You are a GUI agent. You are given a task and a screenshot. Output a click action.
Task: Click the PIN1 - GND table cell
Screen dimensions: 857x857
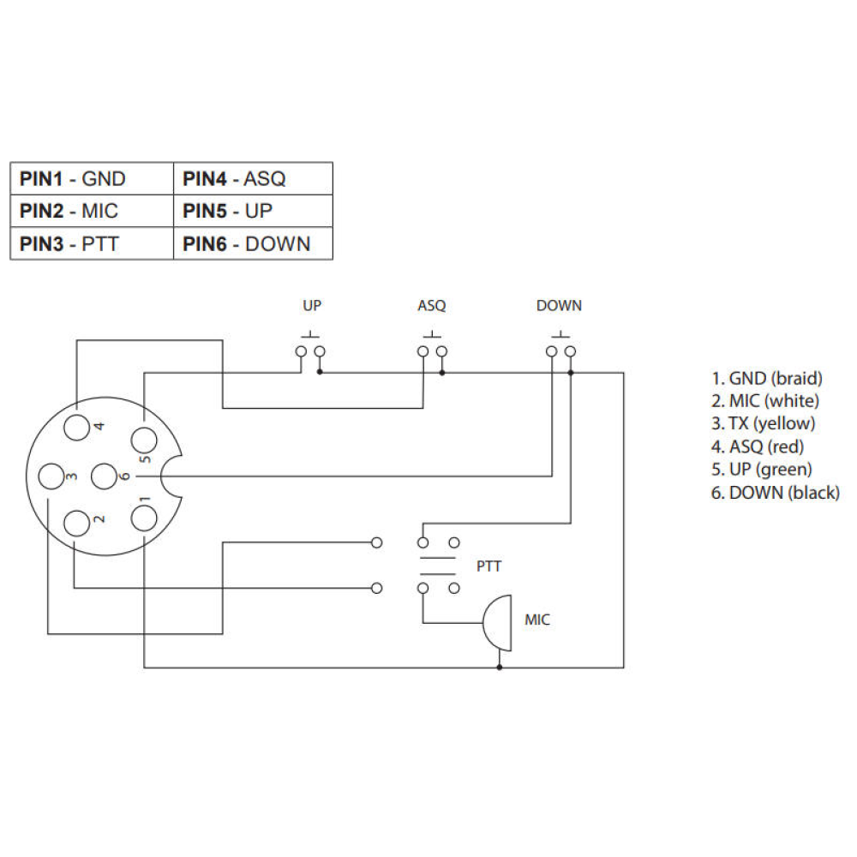(92, 178)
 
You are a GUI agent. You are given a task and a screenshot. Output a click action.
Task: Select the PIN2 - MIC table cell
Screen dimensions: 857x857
(92, 211)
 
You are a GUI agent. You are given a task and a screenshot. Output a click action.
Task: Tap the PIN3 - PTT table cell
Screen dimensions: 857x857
(92, 243)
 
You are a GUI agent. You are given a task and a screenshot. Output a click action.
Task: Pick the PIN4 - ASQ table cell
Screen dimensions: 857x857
(253, 178)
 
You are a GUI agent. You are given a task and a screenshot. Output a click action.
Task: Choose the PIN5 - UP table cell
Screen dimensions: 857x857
(253, 211)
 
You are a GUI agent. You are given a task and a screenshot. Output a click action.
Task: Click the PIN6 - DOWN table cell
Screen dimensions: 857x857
(253, 243)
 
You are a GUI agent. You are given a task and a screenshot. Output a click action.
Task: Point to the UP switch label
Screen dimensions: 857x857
(312, 306)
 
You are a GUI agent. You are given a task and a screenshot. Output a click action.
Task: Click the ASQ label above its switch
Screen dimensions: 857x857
(432, 306)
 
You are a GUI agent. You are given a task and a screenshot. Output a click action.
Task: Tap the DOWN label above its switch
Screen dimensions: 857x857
(559, 306)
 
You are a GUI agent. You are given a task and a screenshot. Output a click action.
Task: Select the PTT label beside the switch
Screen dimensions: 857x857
(488, 566)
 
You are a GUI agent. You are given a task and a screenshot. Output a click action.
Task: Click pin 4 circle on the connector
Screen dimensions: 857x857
(77, 426)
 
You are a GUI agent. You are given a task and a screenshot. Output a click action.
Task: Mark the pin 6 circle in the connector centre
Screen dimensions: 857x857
(103, 476)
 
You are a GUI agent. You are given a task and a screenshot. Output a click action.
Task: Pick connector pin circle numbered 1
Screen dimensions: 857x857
(143, 517)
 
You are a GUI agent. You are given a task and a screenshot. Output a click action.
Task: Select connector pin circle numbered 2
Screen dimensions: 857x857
(78, 522)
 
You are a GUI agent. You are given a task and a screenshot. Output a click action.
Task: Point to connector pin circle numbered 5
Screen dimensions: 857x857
(143, 440)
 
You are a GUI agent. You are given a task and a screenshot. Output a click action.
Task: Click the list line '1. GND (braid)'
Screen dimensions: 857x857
(767, 378)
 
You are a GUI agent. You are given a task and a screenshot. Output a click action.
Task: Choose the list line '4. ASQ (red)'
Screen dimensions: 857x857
(758, 446)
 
